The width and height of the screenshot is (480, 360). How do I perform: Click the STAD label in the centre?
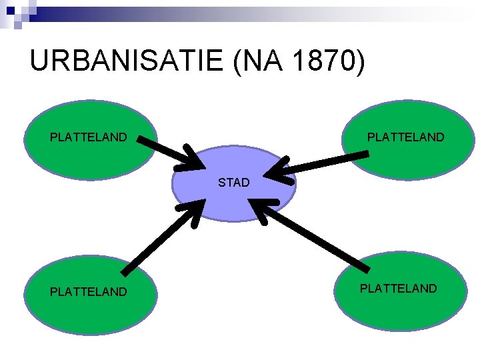click(233, 182)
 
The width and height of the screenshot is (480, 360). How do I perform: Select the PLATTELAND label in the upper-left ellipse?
click(89, 137)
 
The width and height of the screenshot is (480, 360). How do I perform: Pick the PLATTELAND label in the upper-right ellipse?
click(405, 137)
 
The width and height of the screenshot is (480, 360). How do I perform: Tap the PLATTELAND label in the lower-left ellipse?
click(89, 291)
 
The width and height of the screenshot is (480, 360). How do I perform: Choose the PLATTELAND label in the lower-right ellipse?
click(399, 288)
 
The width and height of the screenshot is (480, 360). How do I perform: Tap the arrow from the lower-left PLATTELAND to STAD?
click(160, 237)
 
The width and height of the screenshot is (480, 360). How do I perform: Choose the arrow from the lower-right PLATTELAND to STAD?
click(313, 237)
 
